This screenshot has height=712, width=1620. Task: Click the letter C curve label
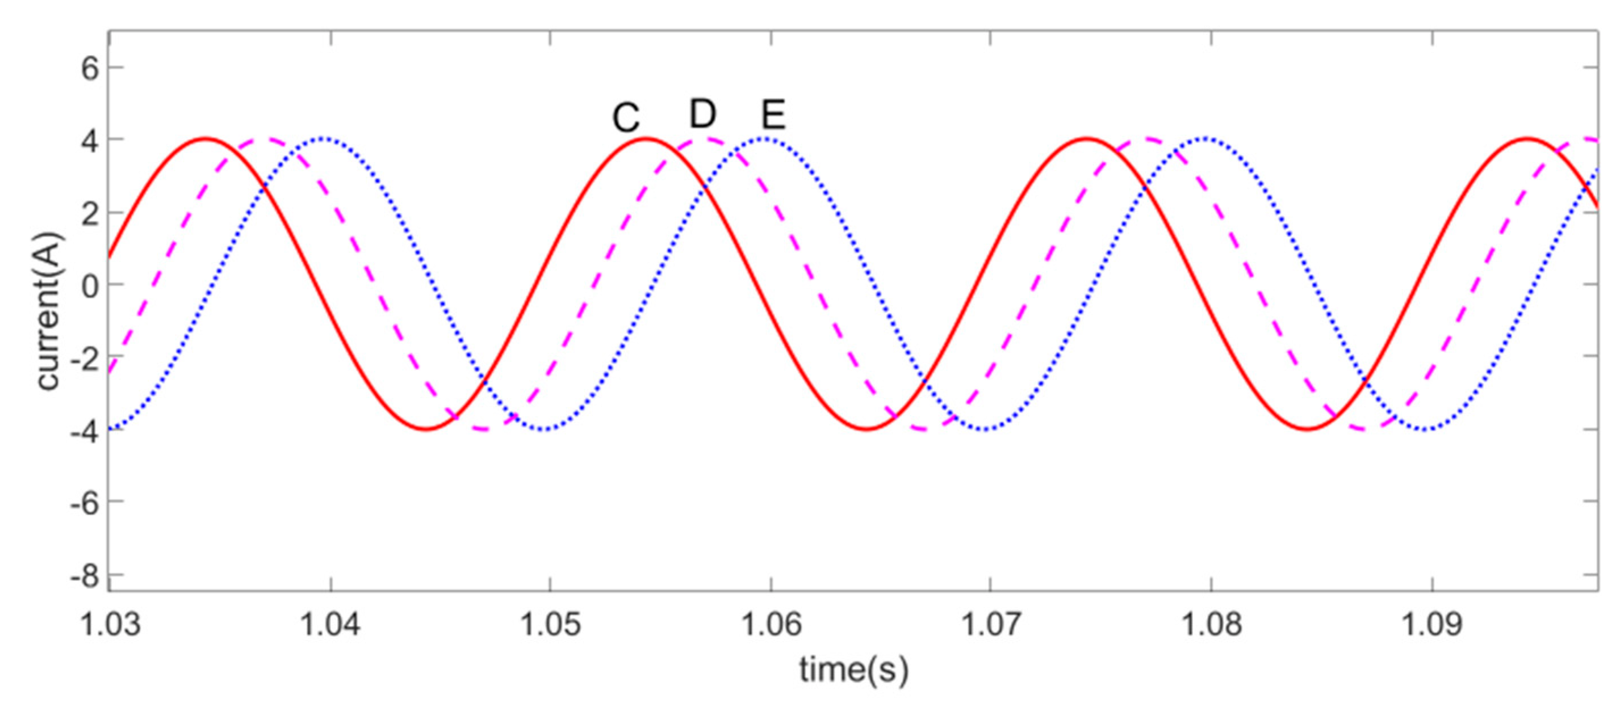[x=626, y=118]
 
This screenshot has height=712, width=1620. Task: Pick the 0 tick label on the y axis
[x=90, y=286]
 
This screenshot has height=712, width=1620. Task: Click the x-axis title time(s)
[x=853, y=670]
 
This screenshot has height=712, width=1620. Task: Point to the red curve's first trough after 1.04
[x=426, y=429]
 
